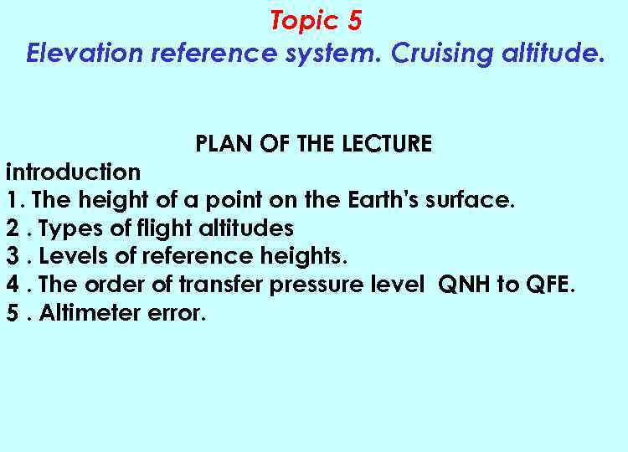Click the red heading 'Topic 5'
tap(316, 20)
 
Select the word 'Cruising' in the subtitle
tap(435, 54)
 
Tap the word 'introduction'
tap(74, 172)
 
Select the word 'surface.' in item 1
tap(471, 201)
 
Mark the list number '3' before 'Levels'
tap(13, 256)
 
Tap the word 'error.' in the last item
tap(174, 314)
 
